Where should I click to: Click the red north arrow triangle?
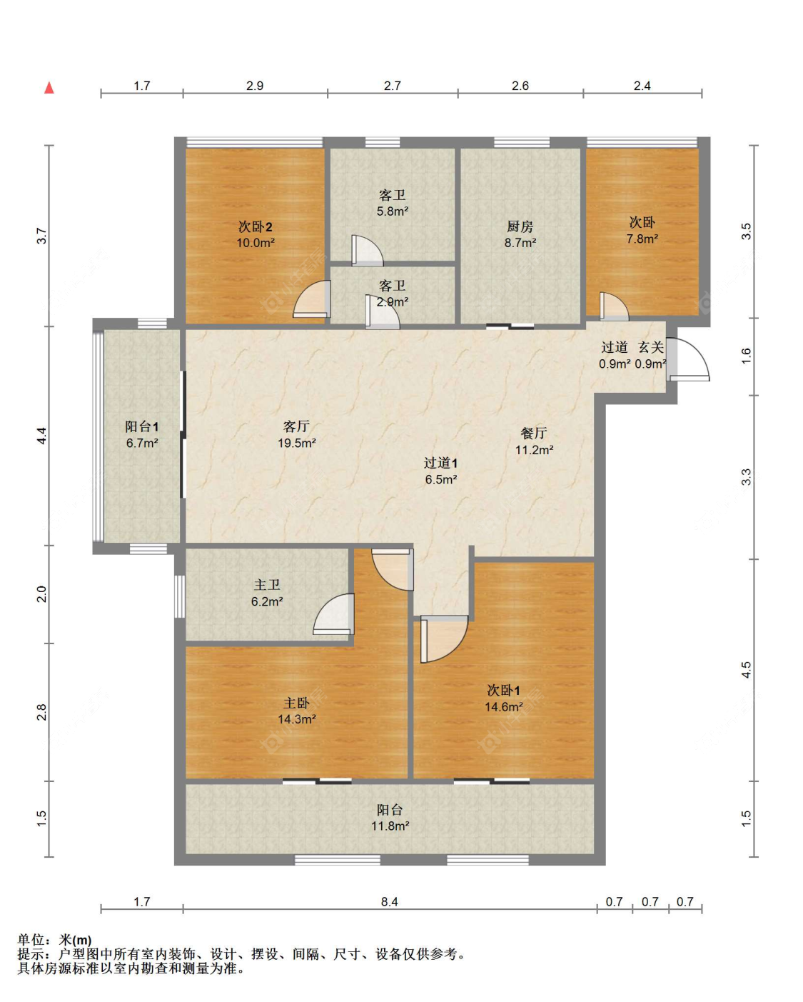[x=49, y=88]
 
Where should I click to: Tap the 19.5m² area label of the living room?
[x=296, y=443]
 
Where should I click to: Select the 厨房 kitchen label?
[x=520, y=227]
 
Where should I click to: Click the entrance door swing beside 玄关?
[x=689, y=359]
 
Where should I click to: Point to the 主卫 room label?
[x=267, y=585]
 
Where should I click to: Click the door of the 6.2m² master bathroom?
[x=334, y=614]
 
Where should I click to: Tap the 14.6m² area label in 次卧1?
[x=504, y=707]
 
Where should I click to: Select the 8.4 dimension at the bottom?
[x=390, y=902]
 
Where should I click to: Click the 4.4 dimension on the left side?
[x=42, y=436]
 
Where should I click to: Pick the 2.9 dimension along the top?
[x=255, y=86]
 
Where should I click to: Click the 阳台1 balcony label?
[x=142, y=426]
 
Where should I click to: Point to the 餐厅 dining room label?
[x=533, y=434]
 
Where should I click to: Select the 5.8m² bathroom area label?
[x=393, y=211]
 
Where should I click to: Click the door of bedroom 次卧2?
[x=311, y=299]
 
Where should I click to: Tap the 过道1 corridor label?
[x=440, y=464]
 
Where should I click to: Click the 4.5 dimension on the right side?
[x=746, y=670]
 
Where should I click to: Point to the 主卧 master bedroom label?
[x=296, y=703]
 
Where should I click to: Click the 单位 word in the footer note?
[x=31, y=940]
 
